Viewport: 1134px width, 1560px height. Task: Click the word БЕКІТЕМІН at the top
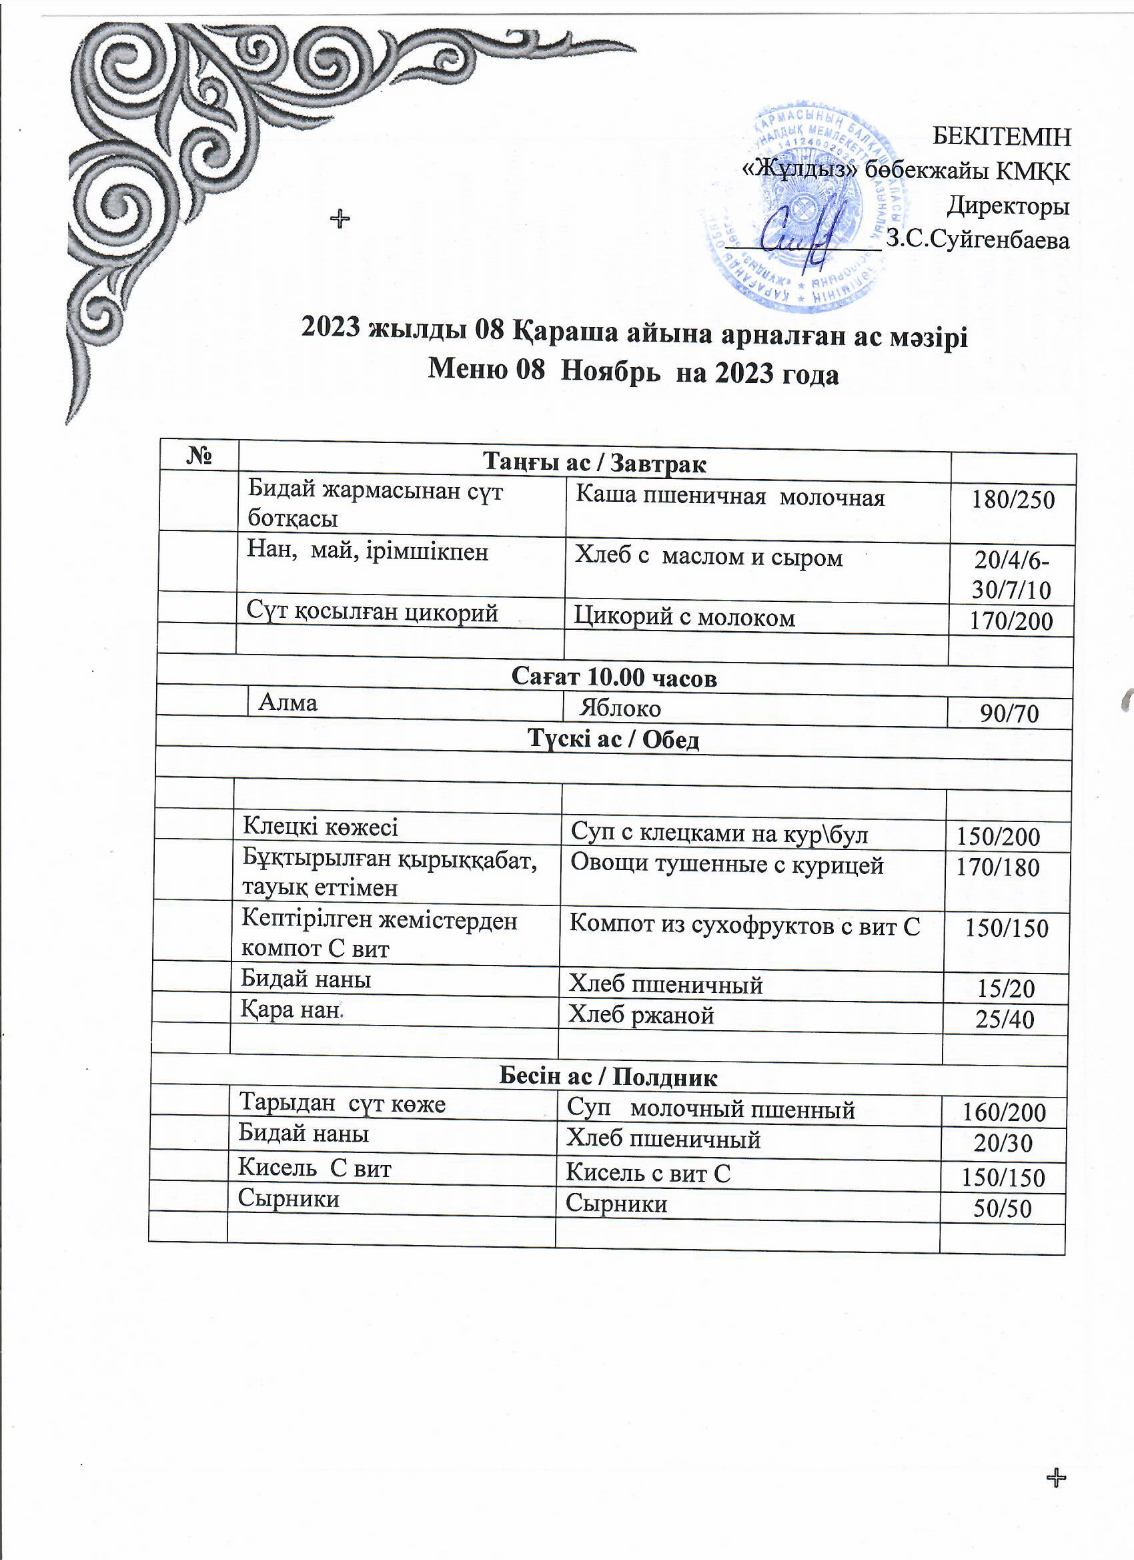[1001, 137]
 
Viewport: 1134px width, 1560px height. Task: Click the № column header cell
[198, 456]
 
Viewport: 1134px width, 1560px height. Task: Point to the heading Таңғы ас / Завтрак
[594, 463]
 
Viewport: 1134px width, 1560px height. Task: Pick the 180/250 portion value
[1013, 500]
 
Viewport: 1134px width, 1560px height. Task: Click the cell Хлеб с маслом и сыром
[708, 556]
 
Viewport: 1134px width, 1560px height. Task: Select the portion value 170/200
[1011, 622]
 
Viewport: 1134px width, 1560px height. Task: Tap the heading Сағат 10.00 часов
[614, 677]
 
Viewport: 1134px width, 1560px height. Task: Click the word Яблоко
[620, 709]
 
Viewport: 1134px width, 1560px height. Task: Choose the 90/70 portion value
[1009, 715]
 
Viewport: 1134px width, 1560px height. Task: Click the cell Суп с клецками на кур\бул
[719, 833]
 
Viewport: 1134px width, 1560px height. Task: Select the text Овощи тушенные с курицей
[727, 865]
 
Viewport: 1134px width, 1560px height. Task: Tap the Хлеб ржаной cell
[641, 1016]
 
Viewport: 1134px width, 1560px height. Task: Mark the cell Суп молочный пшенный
[710, 1110]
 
